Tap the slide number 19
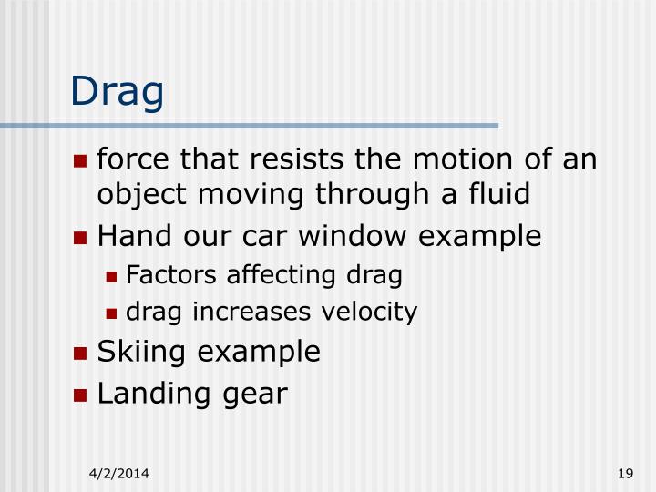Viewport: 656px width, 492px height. coord(624,473)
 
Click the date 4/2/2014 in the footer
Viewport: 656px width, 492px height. coord(119,473)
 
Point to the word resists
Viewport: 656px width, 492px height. coord(290,161)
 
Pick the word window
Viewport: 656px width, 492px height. coord(352,237)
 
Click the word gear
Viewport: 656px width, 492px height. coord(255,395)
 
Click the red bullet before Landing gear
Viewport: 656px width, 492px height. coord(81,395)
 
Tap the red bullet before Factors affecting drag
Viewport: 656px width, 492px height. coord(112,275)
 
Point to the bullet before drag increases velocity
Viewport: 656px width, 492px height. coord(112,313)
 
